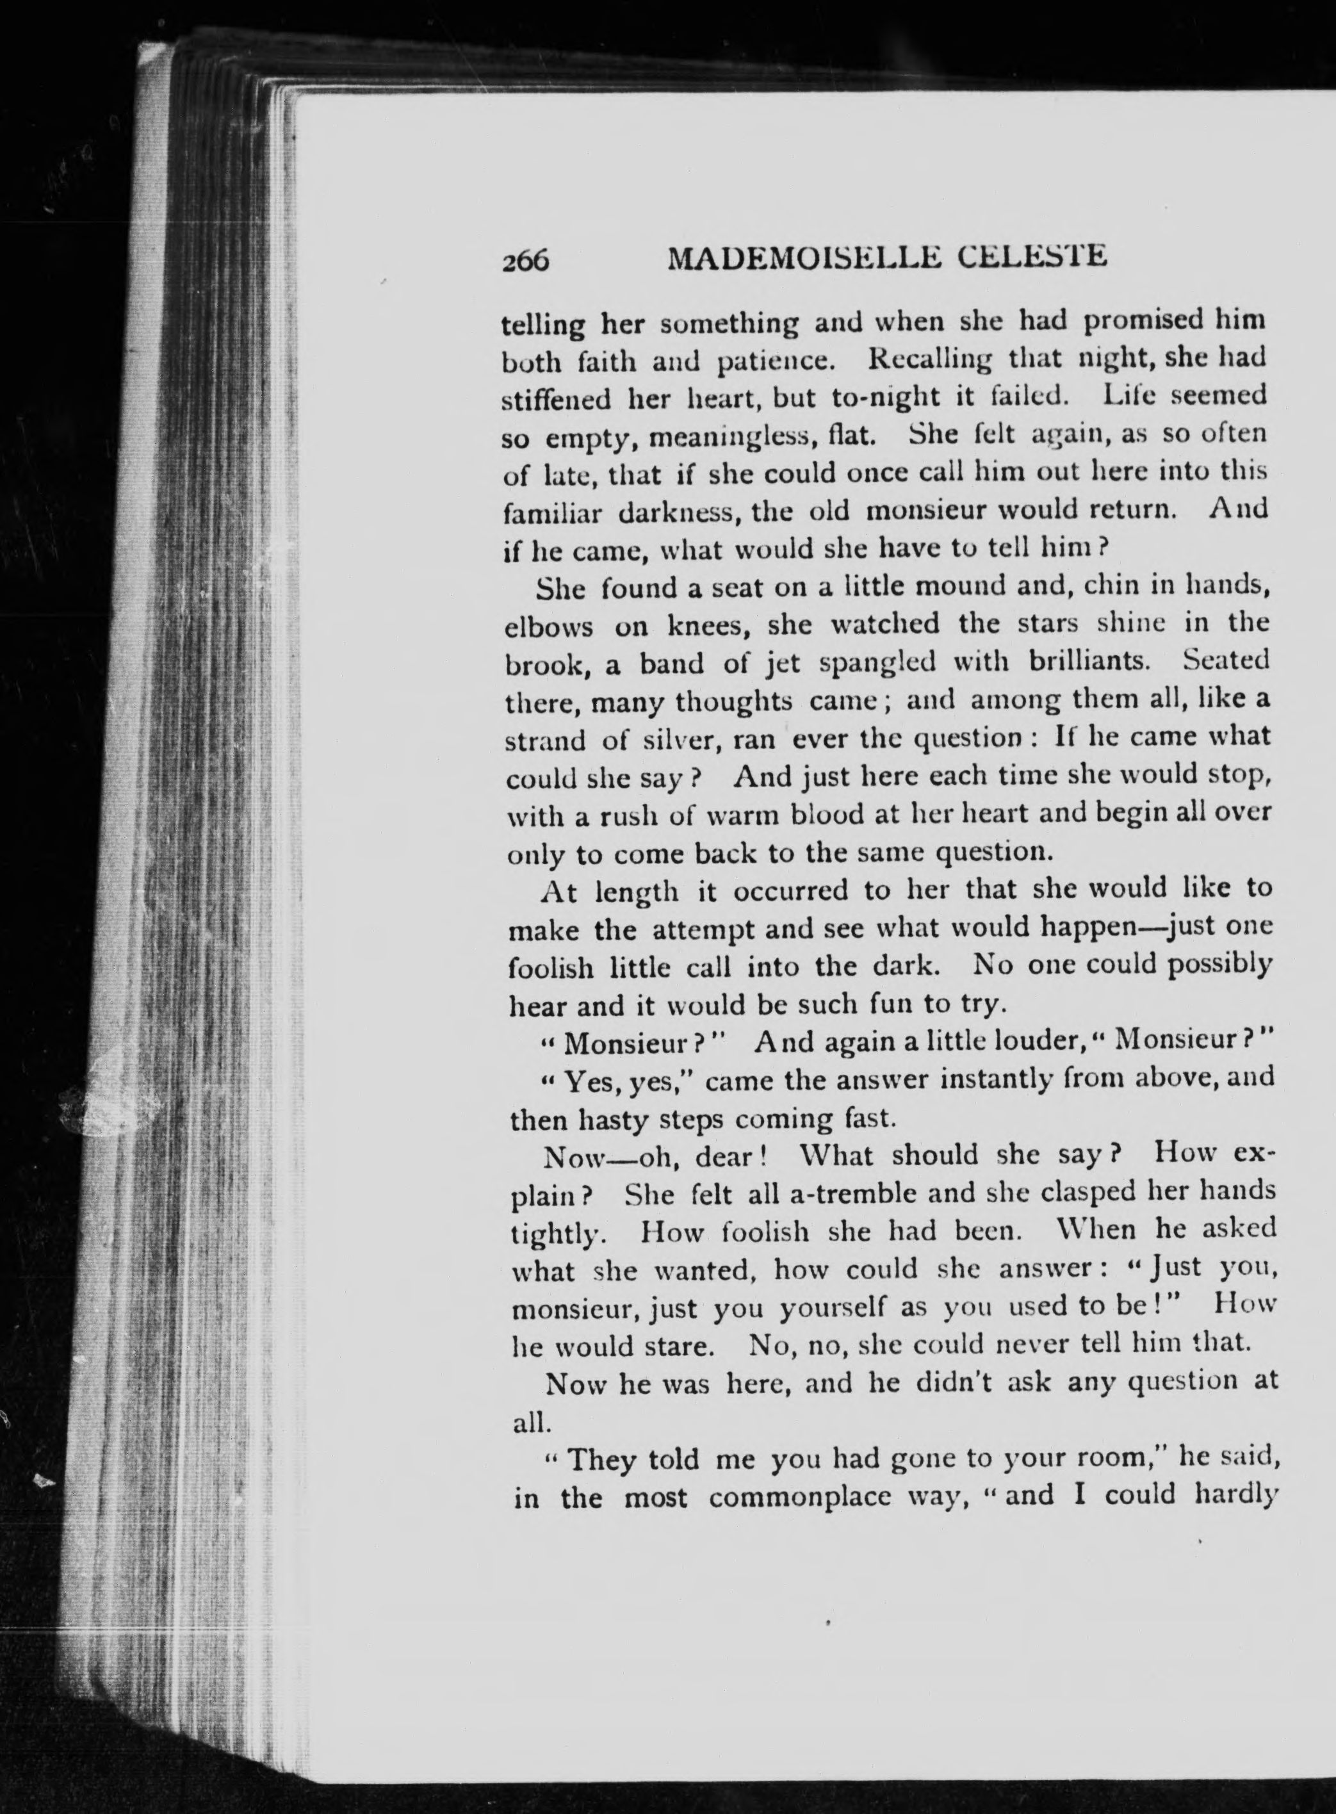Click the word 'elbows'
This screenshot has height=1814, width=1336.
548,627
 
